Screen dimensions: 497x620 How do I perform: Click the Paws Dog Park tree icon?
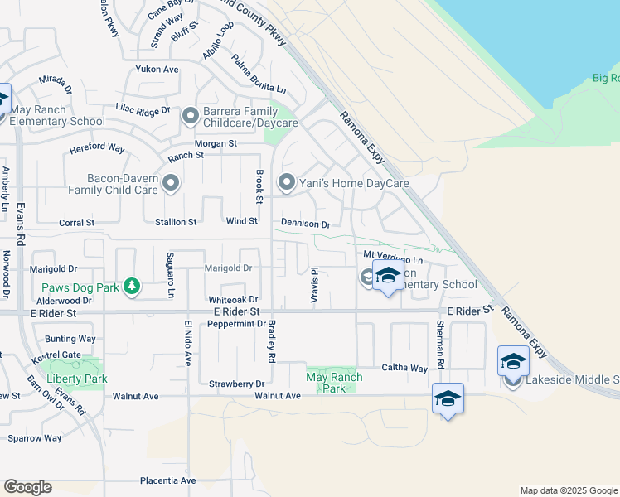[x=131, y=287]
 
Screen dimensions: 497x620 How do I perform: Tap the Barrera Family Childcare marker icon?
[x=191, y=116]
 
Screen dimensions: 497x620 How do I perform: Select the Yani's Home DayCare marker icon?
[x=287, y=182]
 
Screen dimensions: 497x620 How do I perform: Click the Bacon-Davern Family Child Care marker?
[x=171, y=183]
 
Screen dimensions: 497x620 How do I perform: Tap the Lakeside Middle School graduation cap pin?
[x=513, y=362]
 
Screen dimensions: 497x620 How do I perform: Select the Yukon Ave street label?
[x=157, y=70]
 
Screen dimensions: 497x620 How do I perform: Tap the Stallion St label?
[x=176, y=222]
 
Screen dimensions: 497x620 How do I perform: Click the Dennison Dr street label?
[x=305, y=224]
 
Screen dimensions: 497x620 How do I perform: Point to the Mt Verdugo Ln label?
[x=387, y=258]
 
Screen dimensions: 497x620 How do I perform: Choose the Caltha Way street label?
[x=404, y=368]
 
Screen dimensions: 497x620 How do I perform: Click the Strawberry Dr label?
[x=236, y=384]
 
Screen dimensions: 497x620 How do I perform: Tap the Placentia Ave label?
[x=167, y=480]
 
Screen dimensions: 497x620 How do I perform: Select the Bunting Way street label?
[x=70, y=339]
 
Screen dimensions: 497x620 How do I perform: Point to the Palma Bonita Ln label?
[x=258, y=74]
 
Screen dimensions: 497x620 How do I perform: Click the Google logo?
[x=27, y=487]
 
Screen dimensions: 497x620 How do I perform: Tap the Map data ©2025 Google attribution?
[x=568, y=490]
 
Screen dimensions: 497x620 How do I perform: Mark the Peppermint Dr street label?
[x=237, y=324]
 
